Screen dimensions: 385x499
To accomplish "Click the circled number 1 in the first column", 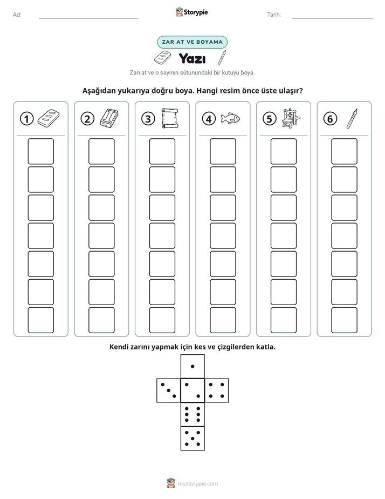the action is pyautogui.click(x=26, y=119).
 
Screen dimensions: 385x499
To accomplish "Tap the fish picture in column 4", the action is pyautogui.click(x=230, y=118).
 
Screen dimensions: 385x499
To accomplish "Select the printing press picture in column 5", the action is pyautogui.click(x=291, y=118).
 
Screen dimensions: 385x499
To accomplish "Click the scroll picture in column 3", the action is pyautogui.click(x=170, y=118).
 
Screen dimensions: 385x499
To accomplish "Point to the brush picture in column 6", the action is pyautogui.click(x=352, y=118).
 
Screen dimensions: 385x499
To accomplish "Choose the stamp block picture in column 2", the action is pyautogui.click(x=109, y=118).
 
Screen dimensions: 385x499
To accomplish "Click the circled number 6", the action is pyautogui.click(x=330, y=119).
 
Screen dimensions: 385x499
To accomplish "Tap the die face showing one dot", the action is pyautogui.click(x=192, y=367).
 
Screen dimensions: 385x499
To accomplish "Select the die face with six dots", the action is pyautogui.click(x=192, y=414).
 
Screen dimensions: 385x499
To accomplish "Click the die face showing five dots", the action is pyautogui.click(x=192, y=438).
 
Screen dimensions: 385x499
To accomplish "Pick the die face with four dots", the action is pyautogui.click(x=216, y=390).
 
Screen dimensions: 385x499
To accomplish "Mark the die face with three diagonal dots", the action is pyautogui.click(x=169, y=390).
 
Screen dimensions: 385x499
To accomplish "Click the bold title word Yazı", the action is pyautogui.click(x=192, y=58).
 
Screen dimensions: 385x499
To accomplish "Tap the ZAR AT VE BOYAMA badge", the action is pyautogui.click(x=192, y=42).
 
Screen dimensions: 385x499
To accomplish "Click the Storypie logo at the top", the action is pyautogui.click(x=191, y=12).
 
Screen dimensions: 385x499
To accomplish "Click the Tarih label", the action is pyautogui.click(x=274, y=15).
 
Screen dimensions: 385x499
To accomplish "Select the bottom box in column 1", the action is pyautogui.click(x=40, y=320).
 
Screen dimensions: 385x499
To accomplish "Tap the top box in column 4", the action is pyautogui.click(x=223, y=151).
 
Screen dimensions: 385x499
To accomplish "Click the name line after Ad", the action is pyautogui.click(x=88, y=18).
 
